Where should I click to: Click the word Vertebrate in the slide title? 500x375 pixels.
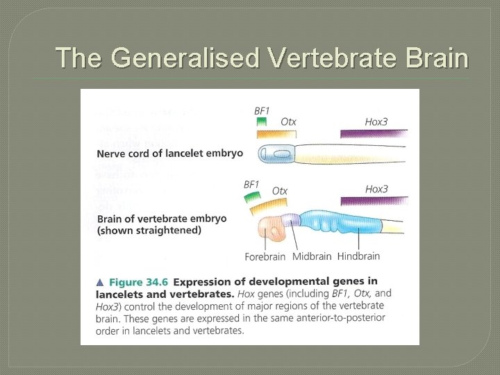click(x=326, y=58)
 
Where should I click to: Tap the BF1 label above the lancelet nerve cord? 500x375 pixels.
click(x=262, y=110)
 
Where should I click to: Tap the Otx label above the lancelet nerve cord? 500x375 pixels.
click(x=288, y=122)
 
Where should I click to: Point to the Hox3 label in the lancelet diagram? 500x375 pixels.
click(x=376, y=122)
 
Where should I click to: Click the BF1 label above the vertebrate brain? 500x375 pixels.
click(x=251, y=184)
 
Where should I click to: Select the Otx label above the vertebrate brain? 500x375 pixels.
click(x=280, y=190)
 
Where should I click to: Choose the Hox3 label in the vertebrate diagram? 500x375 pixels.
click(x=376, y=189)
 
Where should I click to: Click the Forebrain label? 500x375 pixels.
click(x=265, y=256)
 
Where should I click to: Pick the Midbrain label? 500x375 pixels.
click(x=311, y=256)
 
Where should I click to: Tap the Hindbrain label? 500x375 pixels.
click(x=358, y=256)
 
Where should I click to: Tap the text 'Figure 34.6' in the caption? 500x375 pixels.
click(x=137, y=282)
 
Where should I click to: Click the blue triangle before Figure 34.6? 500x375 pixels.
click(x=100, y=282)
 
